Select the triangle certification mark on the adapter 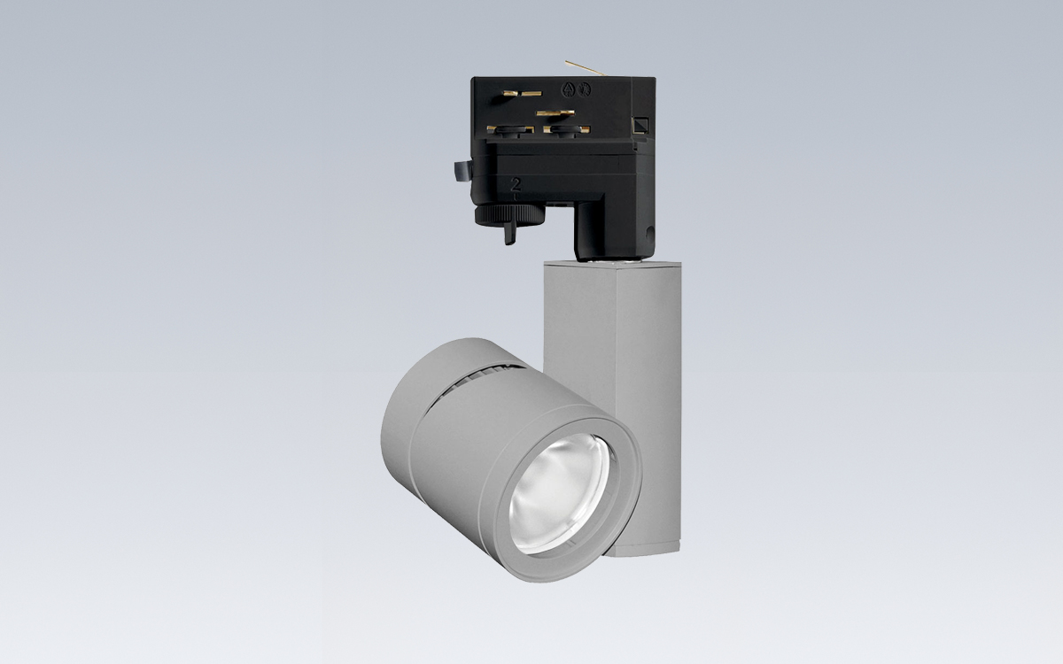567,89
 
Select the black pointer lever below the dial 510,233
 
